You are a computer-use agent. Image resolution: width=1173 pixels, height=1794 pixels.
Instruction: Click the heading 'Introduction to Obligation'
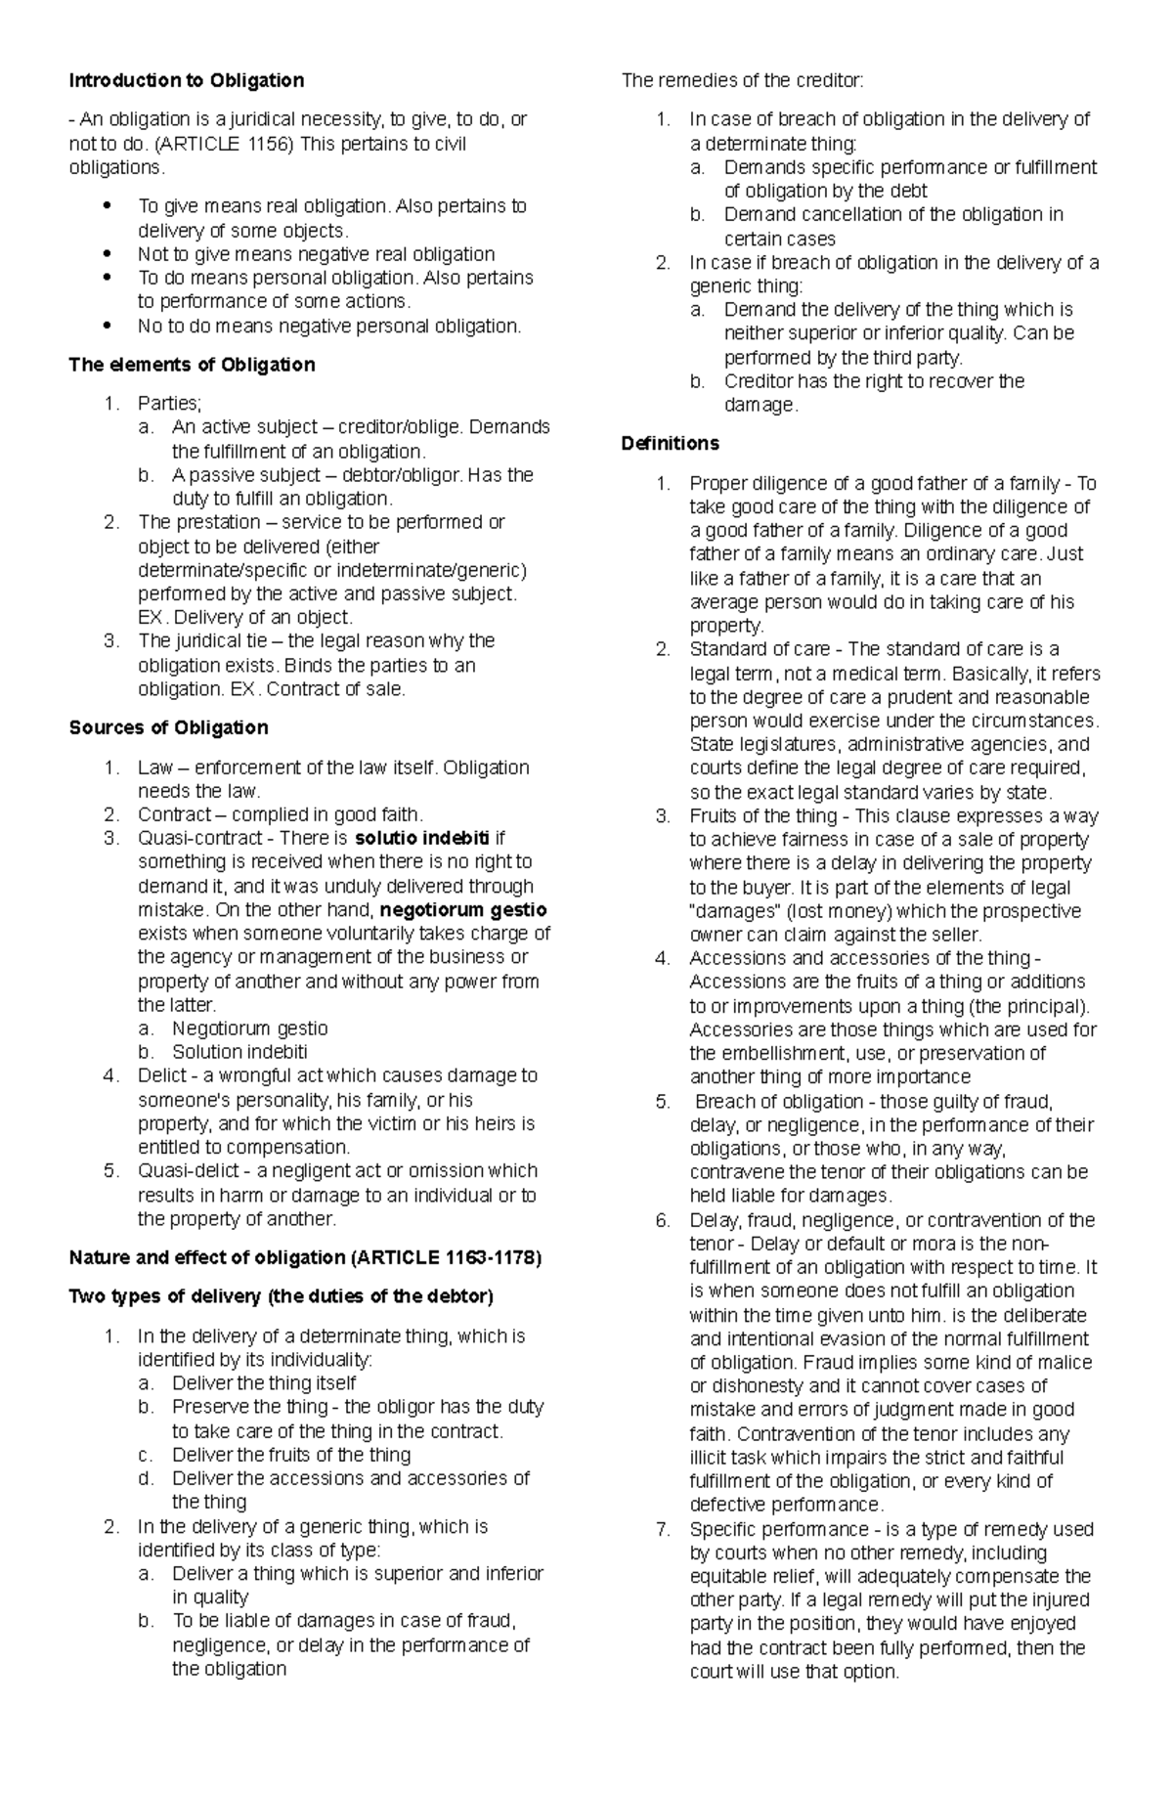point(187,80)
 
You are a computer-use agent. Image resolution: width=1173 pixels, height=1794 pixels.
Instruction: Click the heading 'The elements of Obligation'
point(192,365)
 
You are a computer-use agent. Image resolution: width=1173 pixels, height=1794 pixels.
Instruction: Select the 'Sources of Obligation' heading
point(168,727)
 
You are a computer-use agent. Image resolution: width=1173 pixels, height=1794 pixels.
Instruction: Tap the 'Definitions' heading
point(670,443)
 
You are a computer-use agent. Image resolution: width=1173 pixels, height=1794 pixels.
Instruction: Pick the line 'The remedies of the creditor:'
point(743,80)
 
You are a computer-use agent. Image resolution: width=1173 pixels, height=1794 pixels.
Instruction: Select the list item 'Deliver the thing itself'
point(264,1382)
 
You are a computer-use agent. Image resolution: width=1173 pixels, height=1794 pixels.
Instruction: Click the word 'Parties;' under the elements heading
point(169,403)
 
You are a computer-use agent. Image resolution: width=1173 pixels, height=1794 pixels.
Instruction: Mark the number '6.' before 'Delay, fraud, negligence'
point(664,1220)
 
